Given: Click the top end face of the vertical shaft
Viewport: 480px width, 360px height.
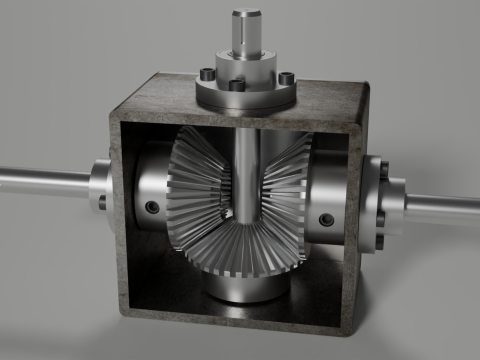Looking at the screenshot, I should click(246, 14).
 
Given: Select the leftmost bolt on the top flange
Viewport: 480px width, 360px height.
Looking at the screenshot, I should click(205, 73).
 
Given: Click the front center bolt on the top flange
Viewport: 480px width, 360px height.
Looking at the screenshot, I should click(236, 85).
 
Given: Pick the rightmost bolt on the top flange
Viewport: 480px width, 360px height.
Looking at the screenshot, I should click(286, 77).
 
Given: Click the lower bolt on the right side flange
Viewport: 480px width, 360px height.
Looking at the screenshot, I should click(380, 240).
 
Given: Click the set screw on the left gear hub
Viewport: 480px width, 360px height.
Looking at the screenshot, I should click(151, 207).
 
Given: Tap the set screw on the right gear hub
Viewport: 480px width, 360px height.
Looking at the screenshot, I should click(324, 219).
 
